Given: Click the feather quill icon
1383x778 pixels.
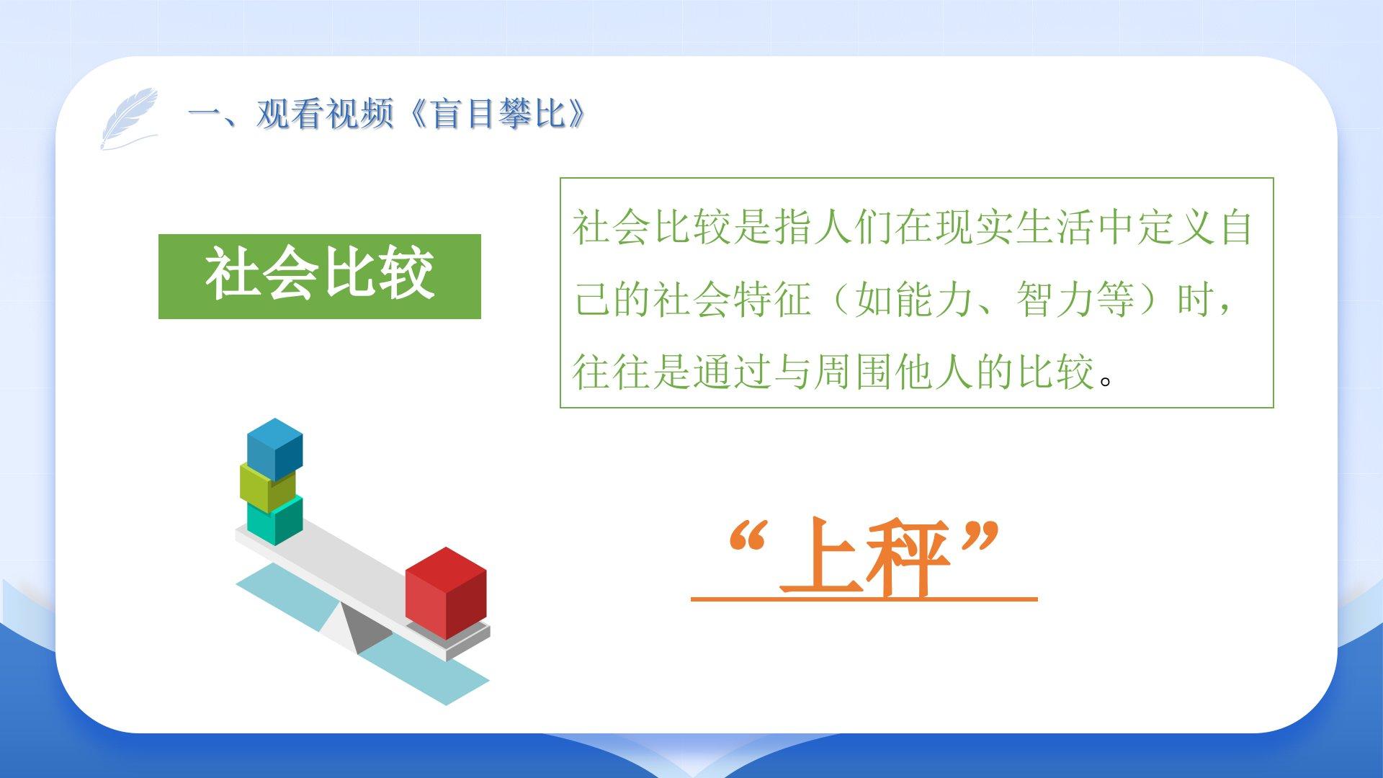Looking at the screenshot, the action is [x=129, y=118].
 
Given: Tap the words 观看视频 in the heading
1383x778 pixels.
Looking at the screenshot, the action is [x=325, y=113].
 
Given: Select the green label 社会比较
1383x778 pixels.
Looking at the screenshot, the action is [x=320, y=276].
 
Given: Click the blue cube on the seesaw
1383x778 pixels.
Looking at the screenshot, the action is [x=274, y=449].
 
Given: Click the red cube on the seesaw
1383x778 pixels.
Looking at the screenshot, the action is [x=446, y=594].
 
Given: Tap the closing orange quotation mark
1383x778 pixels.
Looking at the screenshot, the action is [x=980, y=538].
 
